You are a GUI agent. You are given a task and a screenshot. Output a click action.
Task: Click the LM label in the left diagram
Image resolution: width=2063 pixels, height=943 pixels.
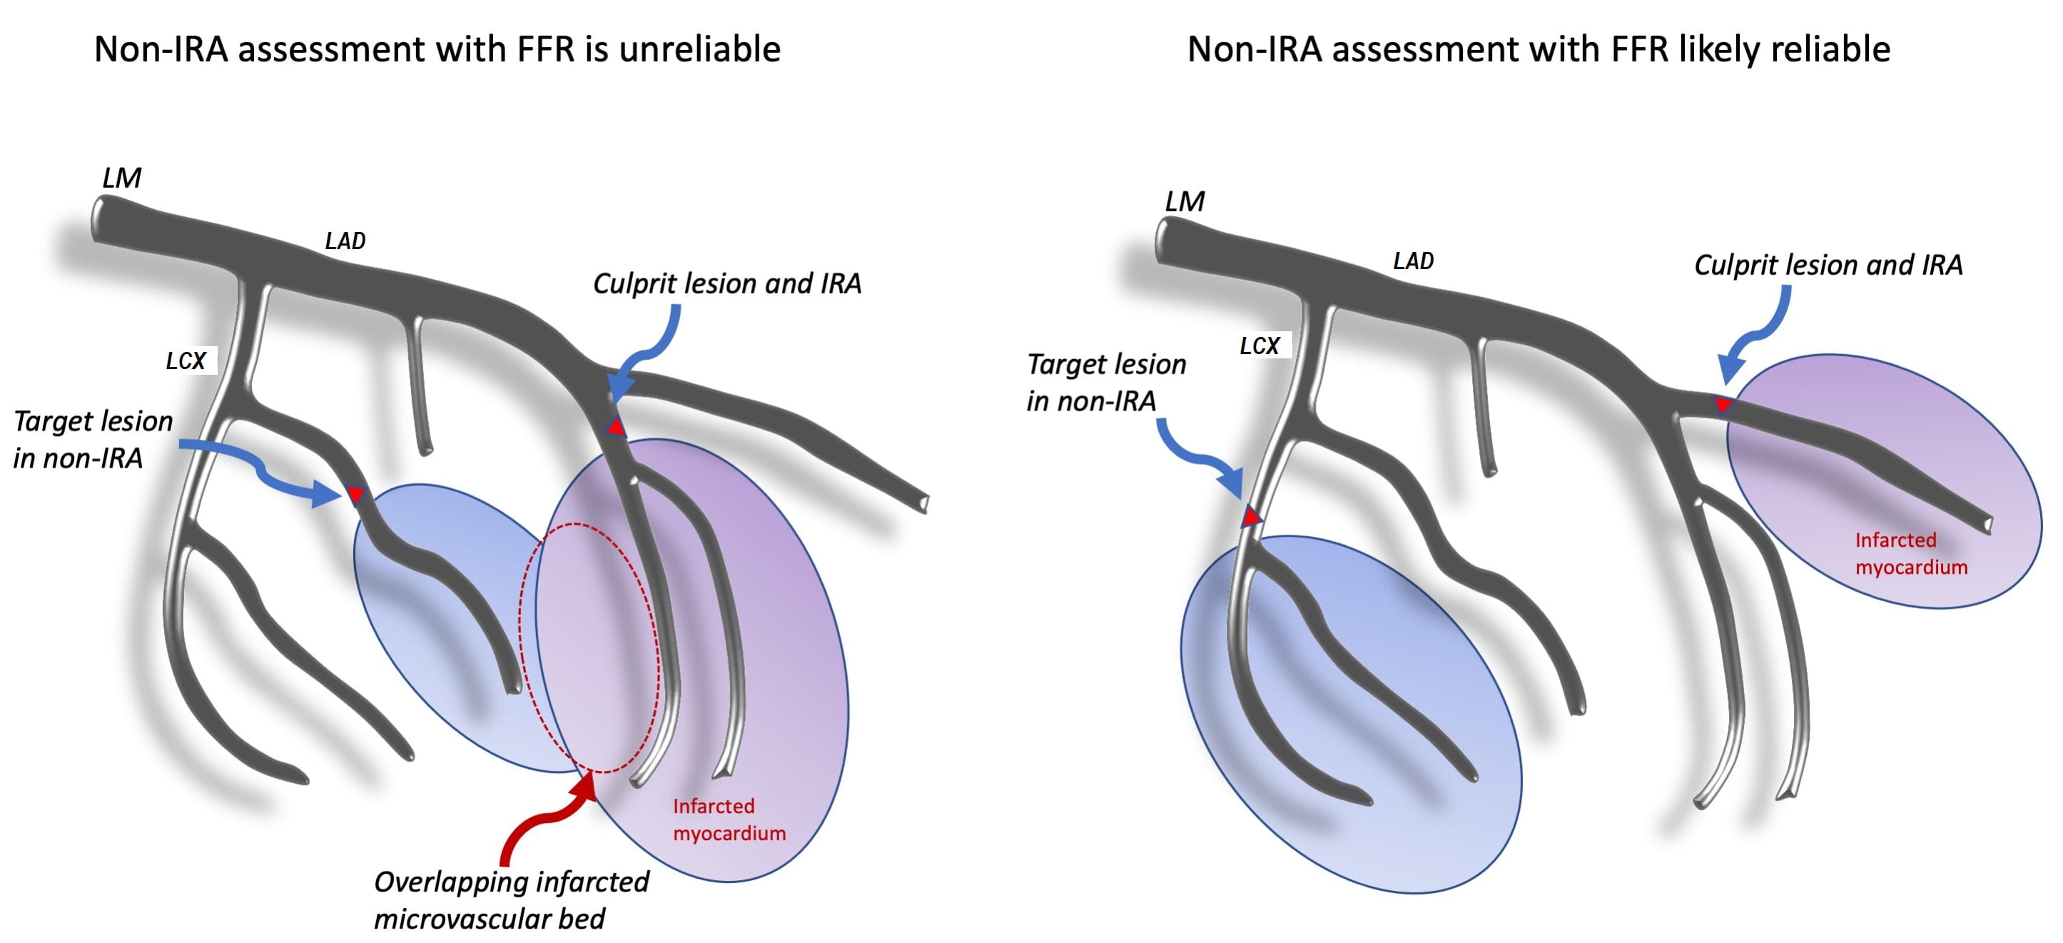point(122,177)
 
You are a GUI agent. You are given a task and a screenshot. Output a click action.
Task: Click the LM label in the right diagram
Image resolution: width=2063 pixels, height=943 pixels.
point(1185,201)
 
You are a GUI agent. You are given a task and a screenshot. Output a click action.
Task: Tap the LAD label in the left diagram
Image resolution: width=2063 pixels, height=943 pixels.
point(345,241)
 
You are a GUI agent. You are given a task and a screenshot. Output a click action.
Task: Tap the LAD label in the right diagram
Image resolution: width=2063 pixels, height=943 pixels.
point(1413,261)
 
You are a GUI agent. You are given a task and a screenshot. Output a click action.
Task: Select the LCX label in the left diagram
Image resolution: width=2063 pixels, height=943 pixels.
point(186,360)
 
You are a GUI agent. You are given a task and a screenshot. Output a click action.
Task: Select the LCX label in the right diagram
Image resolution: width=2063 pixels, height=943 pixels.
point(1259,346)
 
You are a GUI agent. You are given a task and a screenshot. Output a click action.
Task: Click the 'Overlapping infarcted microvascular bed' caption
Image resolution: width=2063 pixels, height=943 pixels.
point(511,899)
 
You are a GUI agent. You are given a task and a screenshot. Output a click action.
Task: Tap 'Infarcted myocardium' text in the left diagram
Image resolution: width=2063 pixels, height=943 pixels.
point(729,819)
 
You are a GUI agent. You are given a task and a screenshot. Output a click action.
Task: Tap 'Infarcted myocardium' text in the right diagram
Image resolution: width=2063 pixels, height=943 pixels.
point(1911,553)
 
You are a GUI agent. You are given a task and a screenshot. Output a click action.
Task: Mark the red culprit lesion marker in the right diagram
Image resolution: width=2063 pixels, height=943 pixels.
point(1723,405)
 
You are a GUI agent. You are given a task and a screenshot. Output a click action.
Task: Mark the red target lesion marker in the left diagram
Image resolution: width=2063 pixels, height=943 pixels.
point(355,494)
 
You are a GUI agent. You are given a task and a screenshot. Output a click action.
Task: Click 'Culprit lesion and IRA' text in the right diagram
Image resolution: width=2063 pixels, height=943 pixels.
point(1828,264)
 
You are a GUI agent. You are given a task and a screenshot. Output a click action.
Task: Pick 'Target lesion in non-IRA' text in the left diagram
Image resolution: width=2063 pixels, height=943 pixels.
point(92,439)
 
